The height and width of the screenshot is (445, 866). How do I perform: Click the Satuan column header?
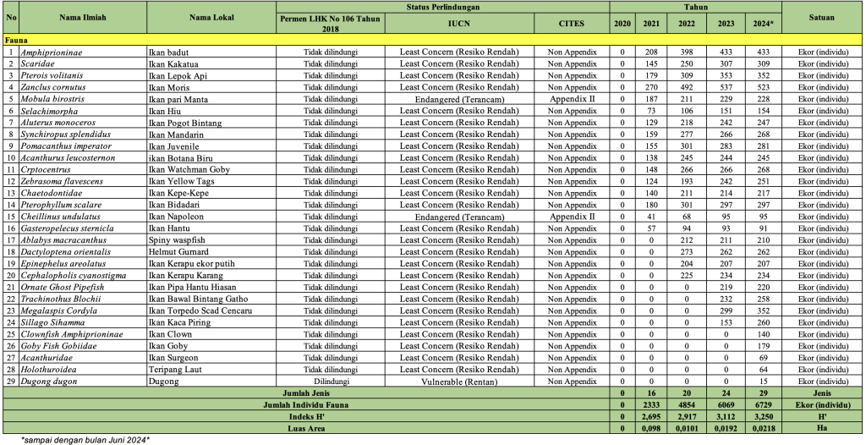click(821, 17)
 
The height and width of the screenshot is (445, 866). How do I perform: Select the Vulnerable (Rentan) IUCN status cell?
click(459, 382)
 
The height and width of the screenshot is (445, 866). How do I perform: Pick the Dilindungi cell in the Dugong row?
click(332, 382)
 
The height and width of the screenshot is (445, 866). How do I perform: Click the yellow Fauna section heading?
click(18, 40)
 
